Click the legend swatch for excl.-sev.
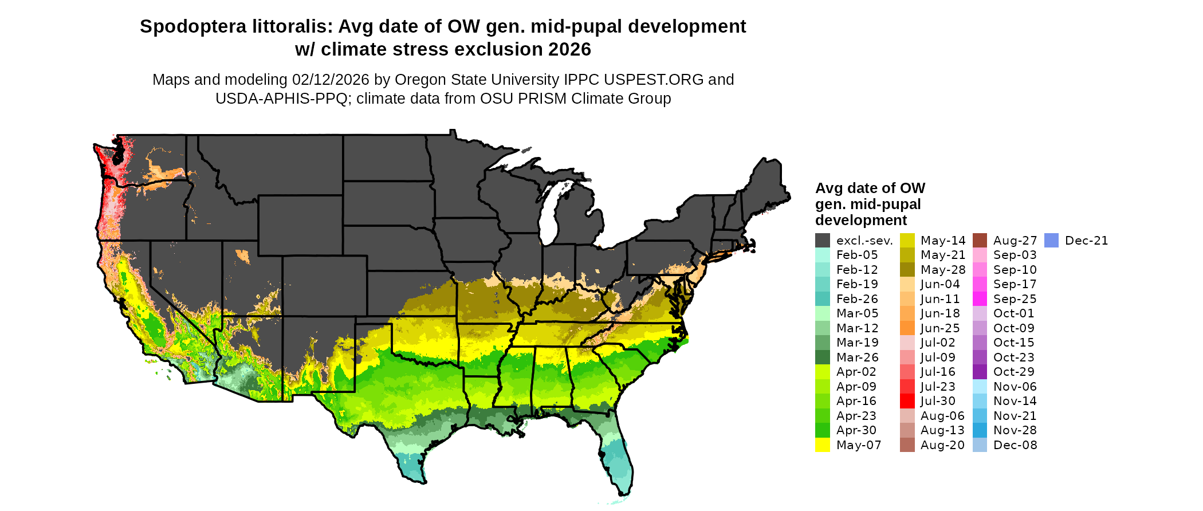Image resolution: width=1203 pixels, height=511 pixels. point(823,241)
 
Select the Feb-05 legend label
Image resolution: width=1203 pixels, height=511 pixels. point(856,255)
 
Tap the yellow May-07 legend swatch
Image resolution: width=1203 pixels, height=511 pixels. point(823,445)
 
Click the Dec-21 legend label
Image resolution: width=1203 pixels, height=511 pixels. point(1086,241)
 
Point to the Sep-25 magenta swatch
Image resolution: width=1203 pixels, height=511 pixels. point(980,299)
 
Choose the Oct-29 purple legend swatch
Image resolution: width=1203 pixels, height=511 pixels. point(980,372)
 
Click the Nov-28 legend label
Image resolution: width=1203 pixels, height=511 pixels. point(1015,430)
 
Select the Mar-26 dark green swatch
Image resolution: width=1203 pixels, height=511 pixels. point(823,357)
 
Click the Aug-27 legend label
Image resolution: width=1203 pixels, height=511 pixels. point(1015,241)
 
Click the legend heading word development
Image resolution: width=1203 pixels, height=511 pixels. point(861,221)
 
